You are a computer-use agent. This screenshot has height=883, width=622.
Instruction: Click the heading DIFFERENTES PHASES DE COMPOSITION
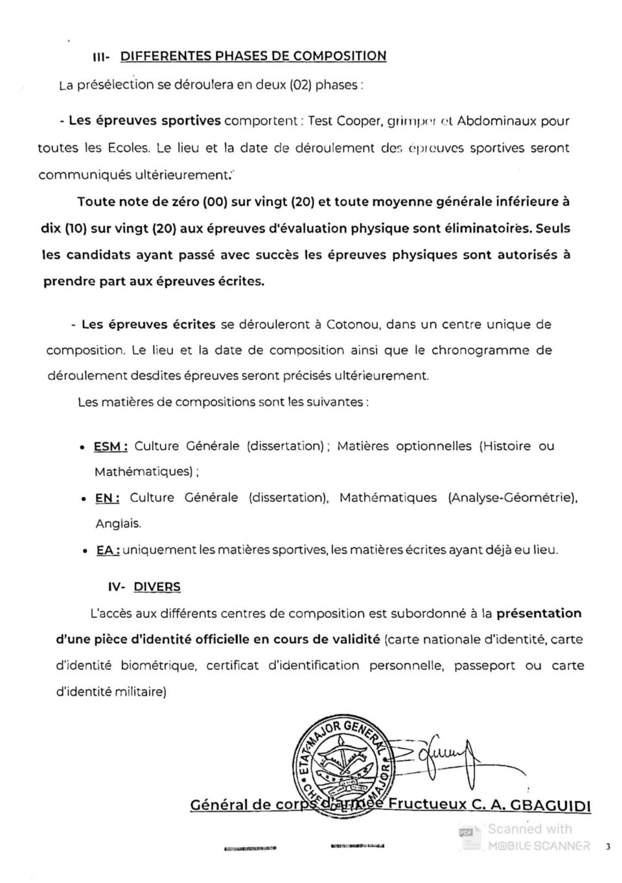coord(253,56)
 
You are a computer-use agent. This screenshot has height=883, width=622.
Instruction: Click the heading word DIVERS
coord(157,587)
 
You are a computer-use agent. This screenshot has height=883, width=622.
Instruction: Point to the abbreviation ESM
coord(110,447)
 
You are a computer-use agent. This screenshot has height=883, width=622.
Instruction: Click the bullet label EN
coord(107,499)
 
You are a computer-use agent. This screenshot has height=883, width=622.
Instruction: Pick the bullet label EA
coord(108,550)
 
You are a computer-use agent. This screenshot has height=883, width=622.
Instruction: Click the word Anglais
coord(118,524)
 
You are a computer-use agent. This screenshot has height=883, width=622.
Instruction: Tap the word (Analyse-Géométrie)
coord(512,498)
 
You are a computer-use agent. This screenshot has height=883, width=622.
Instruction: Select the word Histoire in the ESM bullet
coord(507,446)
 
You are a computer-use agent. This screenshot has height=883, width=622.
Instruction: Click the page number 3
coord(608,846)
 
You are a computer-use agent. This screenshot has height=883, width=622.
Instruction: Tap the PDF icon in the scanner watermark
coord(466,831)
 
